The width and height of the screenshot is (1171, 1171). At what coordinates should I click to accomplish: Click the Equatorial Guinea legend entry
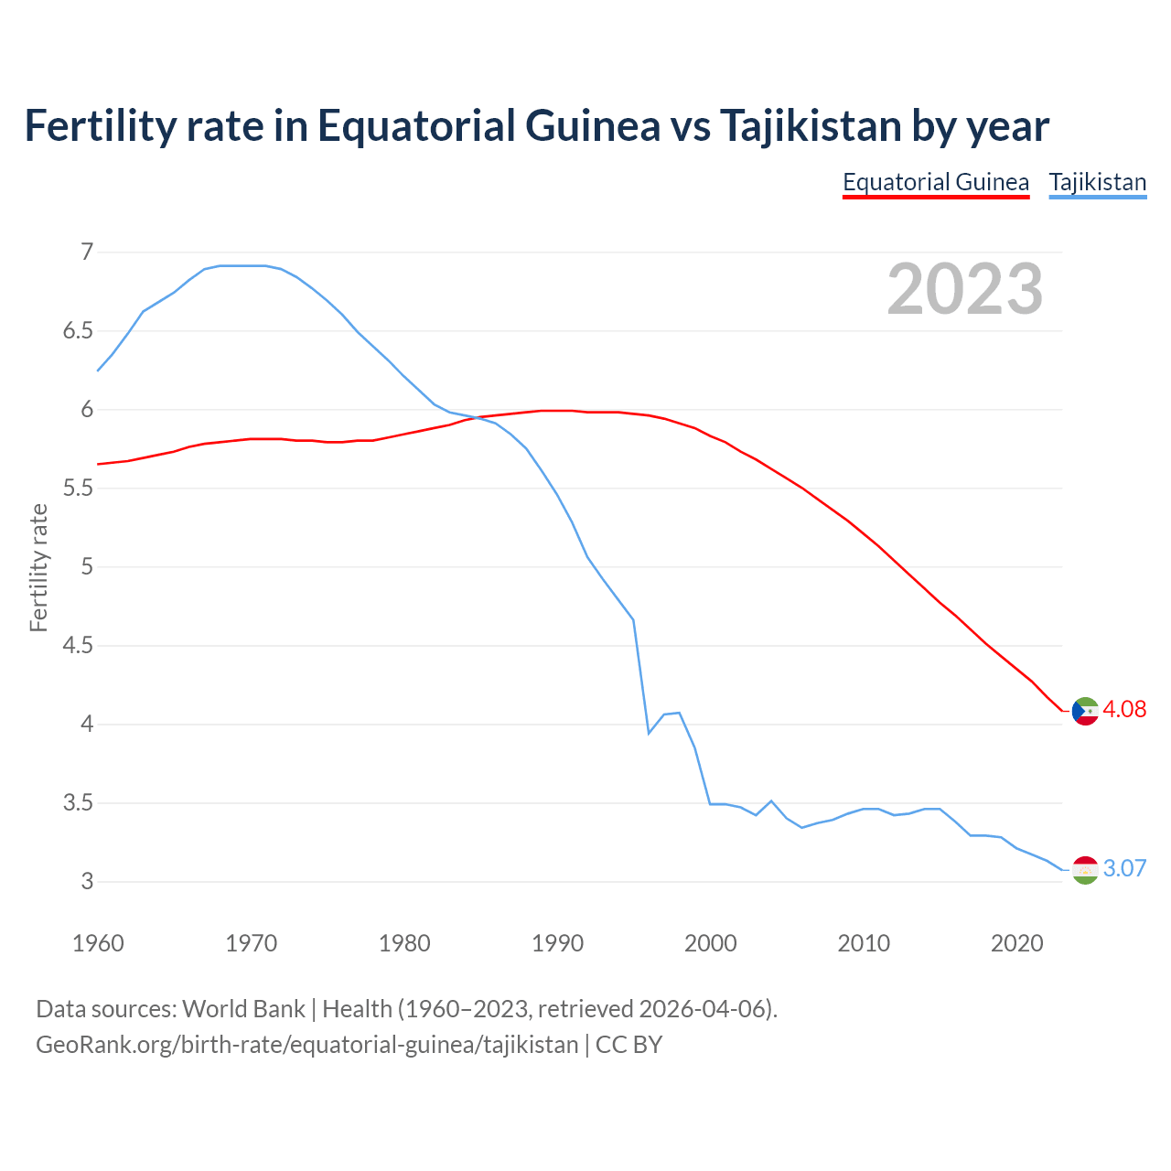pyautogui.click(x=935, y=182)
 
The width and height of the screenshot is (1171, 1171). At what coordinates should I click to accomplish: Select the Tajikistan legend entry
pyautogui.click(x=1097, y=182)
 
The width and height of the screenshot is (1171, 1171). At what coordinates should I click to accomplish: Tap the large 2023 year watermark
pyautogui.click(x=964, y=289)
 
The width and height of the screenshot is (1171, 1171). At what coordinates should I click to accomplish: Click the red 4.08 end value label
pyautogui.click(x=1124, y=709)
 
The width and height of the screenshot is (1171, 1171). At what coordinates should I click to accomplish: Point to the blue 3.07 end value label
pyautogui.click(x=1124, y=868)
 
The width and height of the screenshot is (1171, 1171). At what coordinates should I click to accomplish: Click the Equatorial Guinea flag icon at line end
pyautogui.click(x=1085, y=711)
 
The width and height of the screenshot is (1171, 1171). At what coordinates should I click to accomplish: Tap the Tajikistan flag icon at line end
pyautogui.click(x=1085, y=869)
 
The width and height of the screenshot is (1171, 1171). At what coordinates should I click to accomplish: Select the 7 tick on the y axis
pyautogui.click(x=87, y=252)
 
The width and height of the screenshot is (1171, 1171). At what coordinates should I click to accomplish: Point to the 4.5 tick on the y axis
pyautogui.click(x=78, y=646)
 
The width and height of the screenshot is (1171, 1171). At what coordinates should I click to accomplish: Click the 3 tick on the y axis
pyautogui.click(x=87, y=882)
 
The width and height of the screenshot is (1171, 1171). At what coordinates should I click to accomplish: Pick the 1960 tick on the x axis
pyautogui.click(x=98, y=943)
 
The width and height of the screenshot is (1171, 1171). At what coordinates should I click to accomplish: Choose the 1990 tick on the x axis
pyautogui.click(x=557, y=943)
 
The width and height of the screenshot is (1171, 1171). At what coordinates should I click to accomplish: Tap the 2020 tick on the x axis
pyautogui.click(x=1016, y=943)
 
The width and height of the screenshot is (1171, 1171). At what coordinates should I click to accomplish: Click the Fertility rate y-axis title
pyautogui.click(x=38, y=567)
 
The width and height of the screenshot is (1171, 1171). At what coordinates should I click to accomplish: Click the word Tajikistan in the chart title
pyautogui.click(x=809, y=125)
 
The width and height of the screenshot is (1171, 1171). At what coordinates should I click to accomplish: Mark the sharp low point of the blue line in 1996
pyautogui.click(x=649, y=733)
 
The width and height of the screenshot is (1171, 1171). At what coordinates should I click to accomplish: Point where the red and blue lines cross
pyautogui.click(x=478, y=418)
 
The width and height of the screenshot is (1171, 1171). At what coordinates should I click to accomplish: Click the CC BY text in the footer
pyautogui.click(x=628, y=1045)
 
